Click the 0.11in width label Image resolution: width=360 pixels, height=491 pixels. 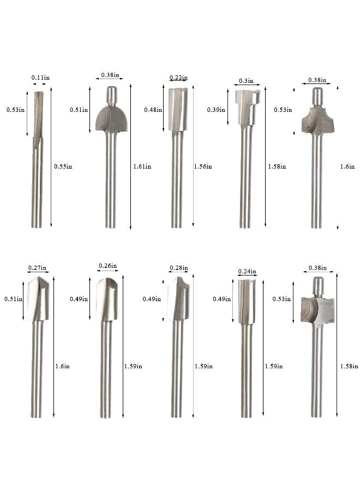(38, 77)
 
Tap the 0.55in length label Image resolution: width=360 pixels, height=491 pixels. (63, 166)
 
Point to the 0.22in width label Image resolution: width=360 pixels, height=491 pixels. (178, 77)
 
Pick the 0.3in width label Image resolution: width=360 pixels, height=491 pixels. (247, 81)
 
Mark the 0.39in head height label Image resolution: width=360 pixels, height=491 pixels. (215, 110)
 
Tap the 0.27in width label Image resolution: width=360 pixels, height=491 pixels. (38, 268)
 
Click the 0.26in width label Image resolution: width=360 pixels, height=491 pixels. (107, 266)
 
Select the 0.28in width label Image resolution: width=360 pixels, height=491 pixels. (178, 268)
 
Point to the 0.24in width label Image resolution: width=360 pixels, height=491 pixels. (247, 271)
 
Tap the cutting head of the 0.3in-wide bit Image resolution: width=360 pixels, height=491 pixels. (247, 106)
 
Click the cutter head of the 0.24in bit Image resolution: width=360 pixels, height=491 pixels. (247, 301)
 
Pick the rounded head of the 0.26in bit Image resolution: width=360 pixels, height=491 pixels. (107, 300)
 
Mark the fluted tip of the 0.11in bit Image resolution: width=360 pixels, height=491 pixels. (38, 117)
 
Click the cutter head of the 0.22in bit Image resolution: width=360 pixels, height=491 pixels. (178, 109)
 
